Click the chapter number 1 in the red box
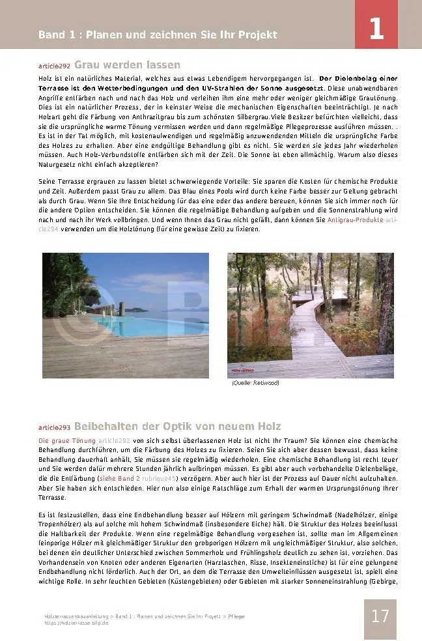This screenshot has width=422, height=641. tap(376, 31)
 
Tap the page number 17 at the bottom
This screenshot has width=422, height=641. tap(380, 616)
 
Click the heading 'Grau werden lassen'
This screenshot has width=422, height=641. tap(127, 65)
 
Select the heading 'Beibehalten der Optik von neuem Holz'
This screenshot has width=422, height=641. tap(178, 426)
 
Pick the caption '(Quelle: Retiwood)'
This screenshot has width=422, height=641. tap(255, 383)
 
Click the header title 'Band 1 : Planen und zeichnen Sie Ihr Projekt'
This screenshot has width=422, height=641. tap(158, 35)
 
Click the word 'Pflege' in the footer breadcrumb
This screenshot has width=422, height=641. tap(235, 616)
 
